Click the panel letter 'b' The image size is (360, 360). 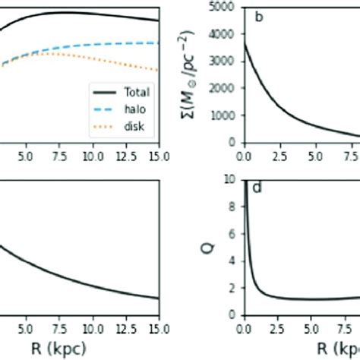click(x=259, y=17)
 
